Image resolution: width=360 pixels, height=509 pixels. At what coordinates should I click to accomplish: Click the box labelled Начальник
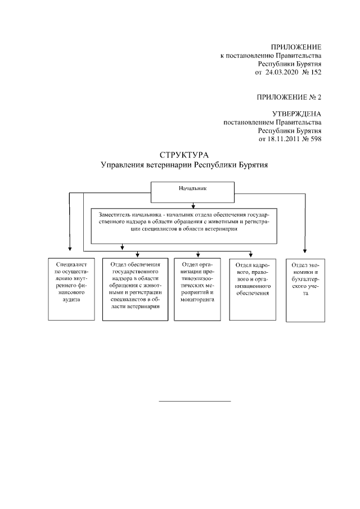pos(192,192)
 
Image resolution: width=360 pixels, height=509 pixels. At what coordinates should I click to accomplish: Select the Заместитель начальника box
pos(184,226)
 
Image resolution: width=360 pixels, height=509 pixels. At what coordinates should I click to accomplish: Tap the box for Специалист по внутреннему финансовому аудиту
pos(71,289)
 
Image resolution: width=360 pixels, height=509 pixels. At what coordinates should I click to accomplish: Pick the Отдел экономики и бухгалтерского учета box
pos(305,290)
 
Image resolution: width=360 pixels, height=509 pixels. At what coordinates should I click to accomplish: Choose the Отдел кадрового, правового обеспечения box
pos(253,290)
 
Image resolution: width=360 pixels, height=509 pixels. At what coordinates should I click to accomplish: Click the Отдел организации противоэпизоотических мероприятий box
pos(197,289)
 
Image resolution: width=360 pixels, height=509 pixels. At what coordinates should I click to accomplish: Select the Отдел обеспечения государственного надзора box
pos(136,289)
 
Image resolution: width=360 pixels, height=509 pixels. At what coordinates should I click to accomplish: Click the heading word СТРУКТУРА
pos(184,155)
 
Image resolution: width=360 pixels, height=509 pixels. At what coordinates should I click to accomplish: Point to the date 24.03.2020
pos(281,72)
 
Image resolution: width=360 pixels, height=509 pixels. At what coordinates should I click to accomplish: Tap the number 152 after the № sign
pos(316,72)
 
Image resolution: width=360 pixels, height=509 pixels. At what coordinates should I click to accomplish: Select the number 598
pos(316,139)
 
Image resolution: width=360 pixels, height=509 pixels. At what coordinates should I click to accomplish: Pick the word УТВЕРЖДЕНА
pos(296,114)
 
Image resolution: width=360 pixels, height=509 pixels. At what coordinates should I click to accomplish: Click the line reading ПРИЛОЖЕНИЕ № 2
pos(289,97)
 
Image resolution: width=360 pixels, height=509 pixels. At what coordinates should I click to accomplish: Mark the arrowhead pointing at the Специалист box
pos(70,249)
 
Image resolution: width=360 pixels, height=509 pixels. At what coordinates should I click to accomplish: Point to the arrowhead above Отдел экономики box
pos(305,251)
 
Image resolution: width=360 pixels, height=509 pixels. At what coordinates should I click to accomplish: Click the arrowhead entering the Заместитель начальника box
pos(193,206)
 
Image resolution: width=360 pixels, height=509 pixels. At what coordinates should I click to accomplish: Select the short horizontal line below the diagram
pos(195,401)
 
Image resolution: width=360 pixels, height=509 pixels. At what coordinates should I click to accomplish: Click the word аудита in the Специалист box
pos(71,300)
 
